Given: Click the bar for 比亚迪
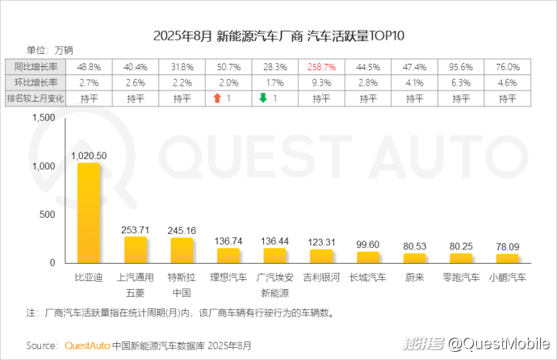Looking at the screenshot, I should coord(89,213).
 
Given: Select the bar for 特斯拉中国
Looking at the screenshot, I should coord(182,250).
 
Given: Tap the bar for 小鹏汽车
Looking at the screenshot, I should coord(507,258).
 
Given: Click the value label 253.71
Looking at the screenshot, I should coord(135,228).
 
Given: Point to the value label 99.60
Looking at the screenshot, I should coord(367,244).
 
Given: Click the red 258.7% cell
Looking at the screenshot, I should coord(321,66).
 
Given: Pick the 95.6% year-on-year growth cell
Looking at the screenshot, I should coord(461,66).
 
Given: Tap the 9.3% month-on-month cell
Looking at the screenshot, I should coord(321,82).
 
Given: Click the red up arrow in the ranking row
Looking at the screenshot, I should coord(216,98).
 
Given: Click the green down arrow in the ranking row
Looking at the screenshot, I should coord(262,98).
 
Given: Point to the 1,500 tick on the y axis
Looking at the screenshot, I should coord(42,118).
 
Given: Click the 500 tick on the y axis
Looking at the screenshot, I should coord(47,215).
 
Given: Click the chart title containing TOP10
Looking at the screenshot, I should coord(278,36).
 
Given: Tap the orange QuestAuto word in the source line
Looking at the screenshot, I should coord(86,345).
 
